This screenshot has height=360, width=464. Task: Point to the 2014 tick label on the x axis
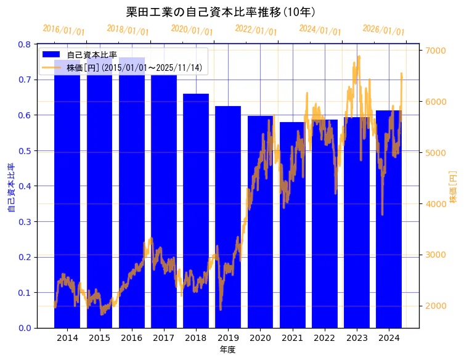[x=67, y=338]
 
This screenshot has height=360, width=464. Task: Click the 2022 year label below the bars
[x=324, y=338]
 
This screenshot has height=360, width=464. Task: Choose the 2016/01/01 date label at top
[x=64, y=30]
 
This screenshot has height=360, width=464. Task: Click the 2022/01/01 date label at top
[x=256, y=30]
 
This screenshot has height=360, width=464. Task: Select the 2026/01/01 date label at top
[x=384, y=30]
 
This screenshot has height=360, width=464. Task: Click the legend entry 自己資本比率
[x=92, y=55]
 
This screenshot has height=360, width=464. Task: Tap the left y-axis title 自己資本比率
[x=10, y=188]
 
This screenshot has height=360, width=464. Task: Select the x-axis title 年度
[x=227, y=350]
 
